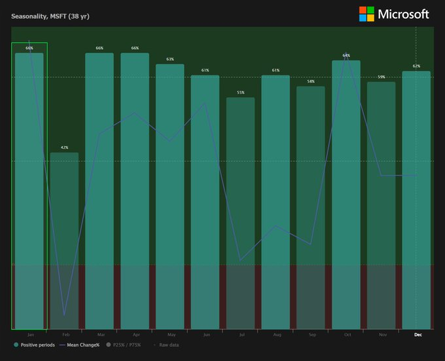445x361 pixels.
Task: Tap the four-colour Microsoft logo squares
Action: [366, 14]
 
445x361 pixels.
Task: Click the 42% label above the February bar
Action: [64, 148]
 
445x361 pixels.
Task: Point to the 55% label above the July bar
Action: [240, 93]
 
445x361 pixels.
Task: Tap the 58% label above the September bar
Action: [311, 82]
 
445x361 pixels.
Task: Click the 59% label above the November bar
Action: [381, 77]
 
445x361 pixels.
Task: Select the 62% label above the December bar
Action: [416, 66]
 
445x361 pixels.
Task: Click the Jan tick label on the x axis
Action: [29, 335]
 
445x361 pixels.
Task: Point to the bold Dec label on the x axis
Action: [418, 335]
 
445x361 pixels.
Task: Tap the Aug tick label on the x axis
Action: [276, 335]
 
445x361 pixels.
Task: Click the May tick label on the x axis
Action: [171, 335]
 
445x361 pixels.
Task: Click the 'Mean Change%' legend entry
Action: [79, 345]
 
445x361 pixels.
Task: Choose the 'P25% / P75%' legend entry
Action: [124, 345]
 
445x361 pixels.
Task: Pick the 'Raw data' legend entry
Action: [166, 345]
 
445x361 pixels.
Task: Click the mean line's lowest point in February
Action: [64, 316]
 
